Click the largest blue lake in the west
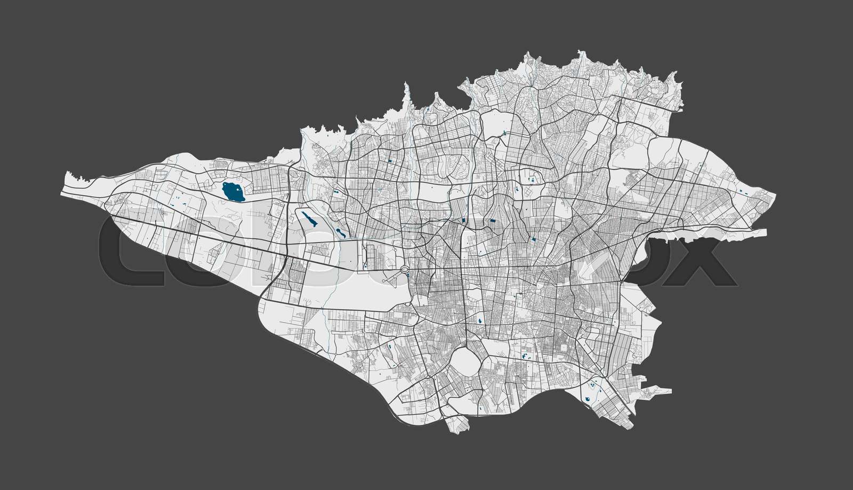(232, 191)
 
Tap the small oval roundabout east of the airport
(405, 270)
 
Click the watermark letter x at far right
(709, 261)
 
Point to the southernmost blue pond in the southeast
(586, 398)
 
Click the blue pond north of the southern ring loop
(480, 322)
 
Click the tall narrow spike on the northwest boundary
(406, 93)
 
